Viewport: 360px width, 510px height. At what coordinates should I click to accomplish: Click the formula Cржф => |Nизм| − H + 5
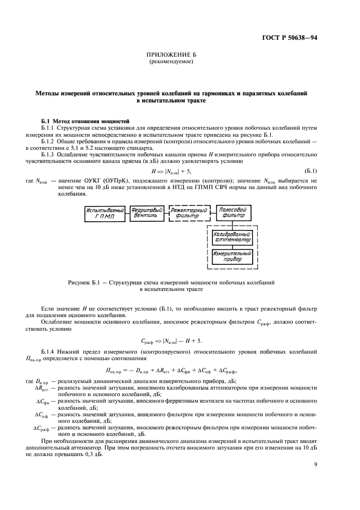click(172, 341)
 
